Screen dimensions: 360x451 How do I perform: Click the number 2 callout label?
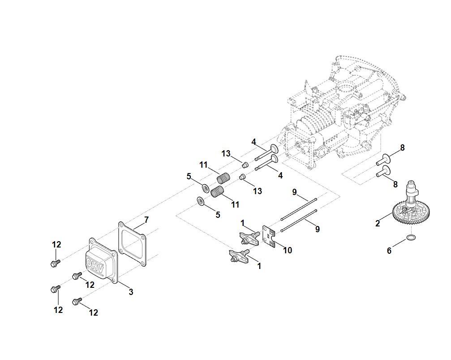coord(378,223)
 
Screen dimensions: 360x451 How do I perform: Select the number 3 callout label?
coord(131,292)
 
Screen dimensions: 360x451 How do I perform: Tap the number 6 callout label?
coord(389,251)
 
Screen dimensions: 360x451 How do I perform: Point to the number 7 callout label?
coord(146,220)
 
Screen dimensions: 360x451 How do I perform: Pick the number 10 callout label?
coord(288,250)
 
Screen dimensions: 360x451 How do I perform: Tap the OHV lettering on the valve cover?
coord(95,267)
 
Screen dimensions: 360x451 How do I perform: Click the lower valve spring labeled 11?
coord(217,192)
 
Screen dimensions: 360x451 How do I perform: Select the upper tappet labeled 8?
coord(385,157)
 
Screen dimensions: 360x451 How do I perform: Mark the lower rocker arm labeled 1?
coord(240,256)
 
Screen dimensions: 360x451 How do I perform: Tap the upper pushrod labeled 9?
coord(299,208)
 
